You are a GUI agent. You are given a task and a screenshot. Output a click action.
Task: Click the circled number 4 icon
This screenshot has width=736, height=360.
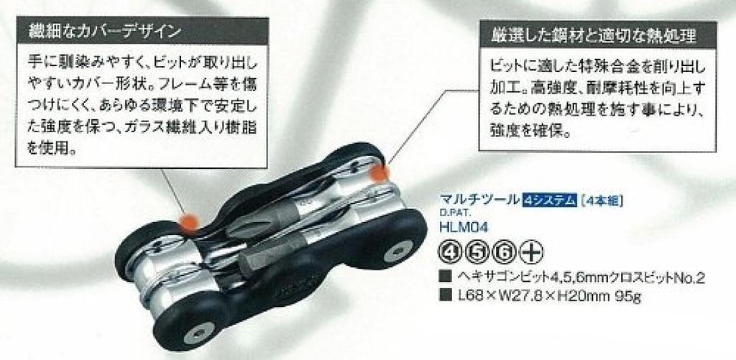pyautogui.click(x=448, y=253)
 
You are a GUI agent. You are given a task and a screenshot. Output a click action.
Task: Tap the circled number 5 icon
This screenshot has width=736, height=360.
pyautogui.click(x=477, y=253)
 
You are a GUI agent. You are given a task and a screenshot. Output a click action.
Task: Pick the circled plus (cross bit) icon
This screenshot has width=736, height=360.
pyautogui.click(x=533, y=253)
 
